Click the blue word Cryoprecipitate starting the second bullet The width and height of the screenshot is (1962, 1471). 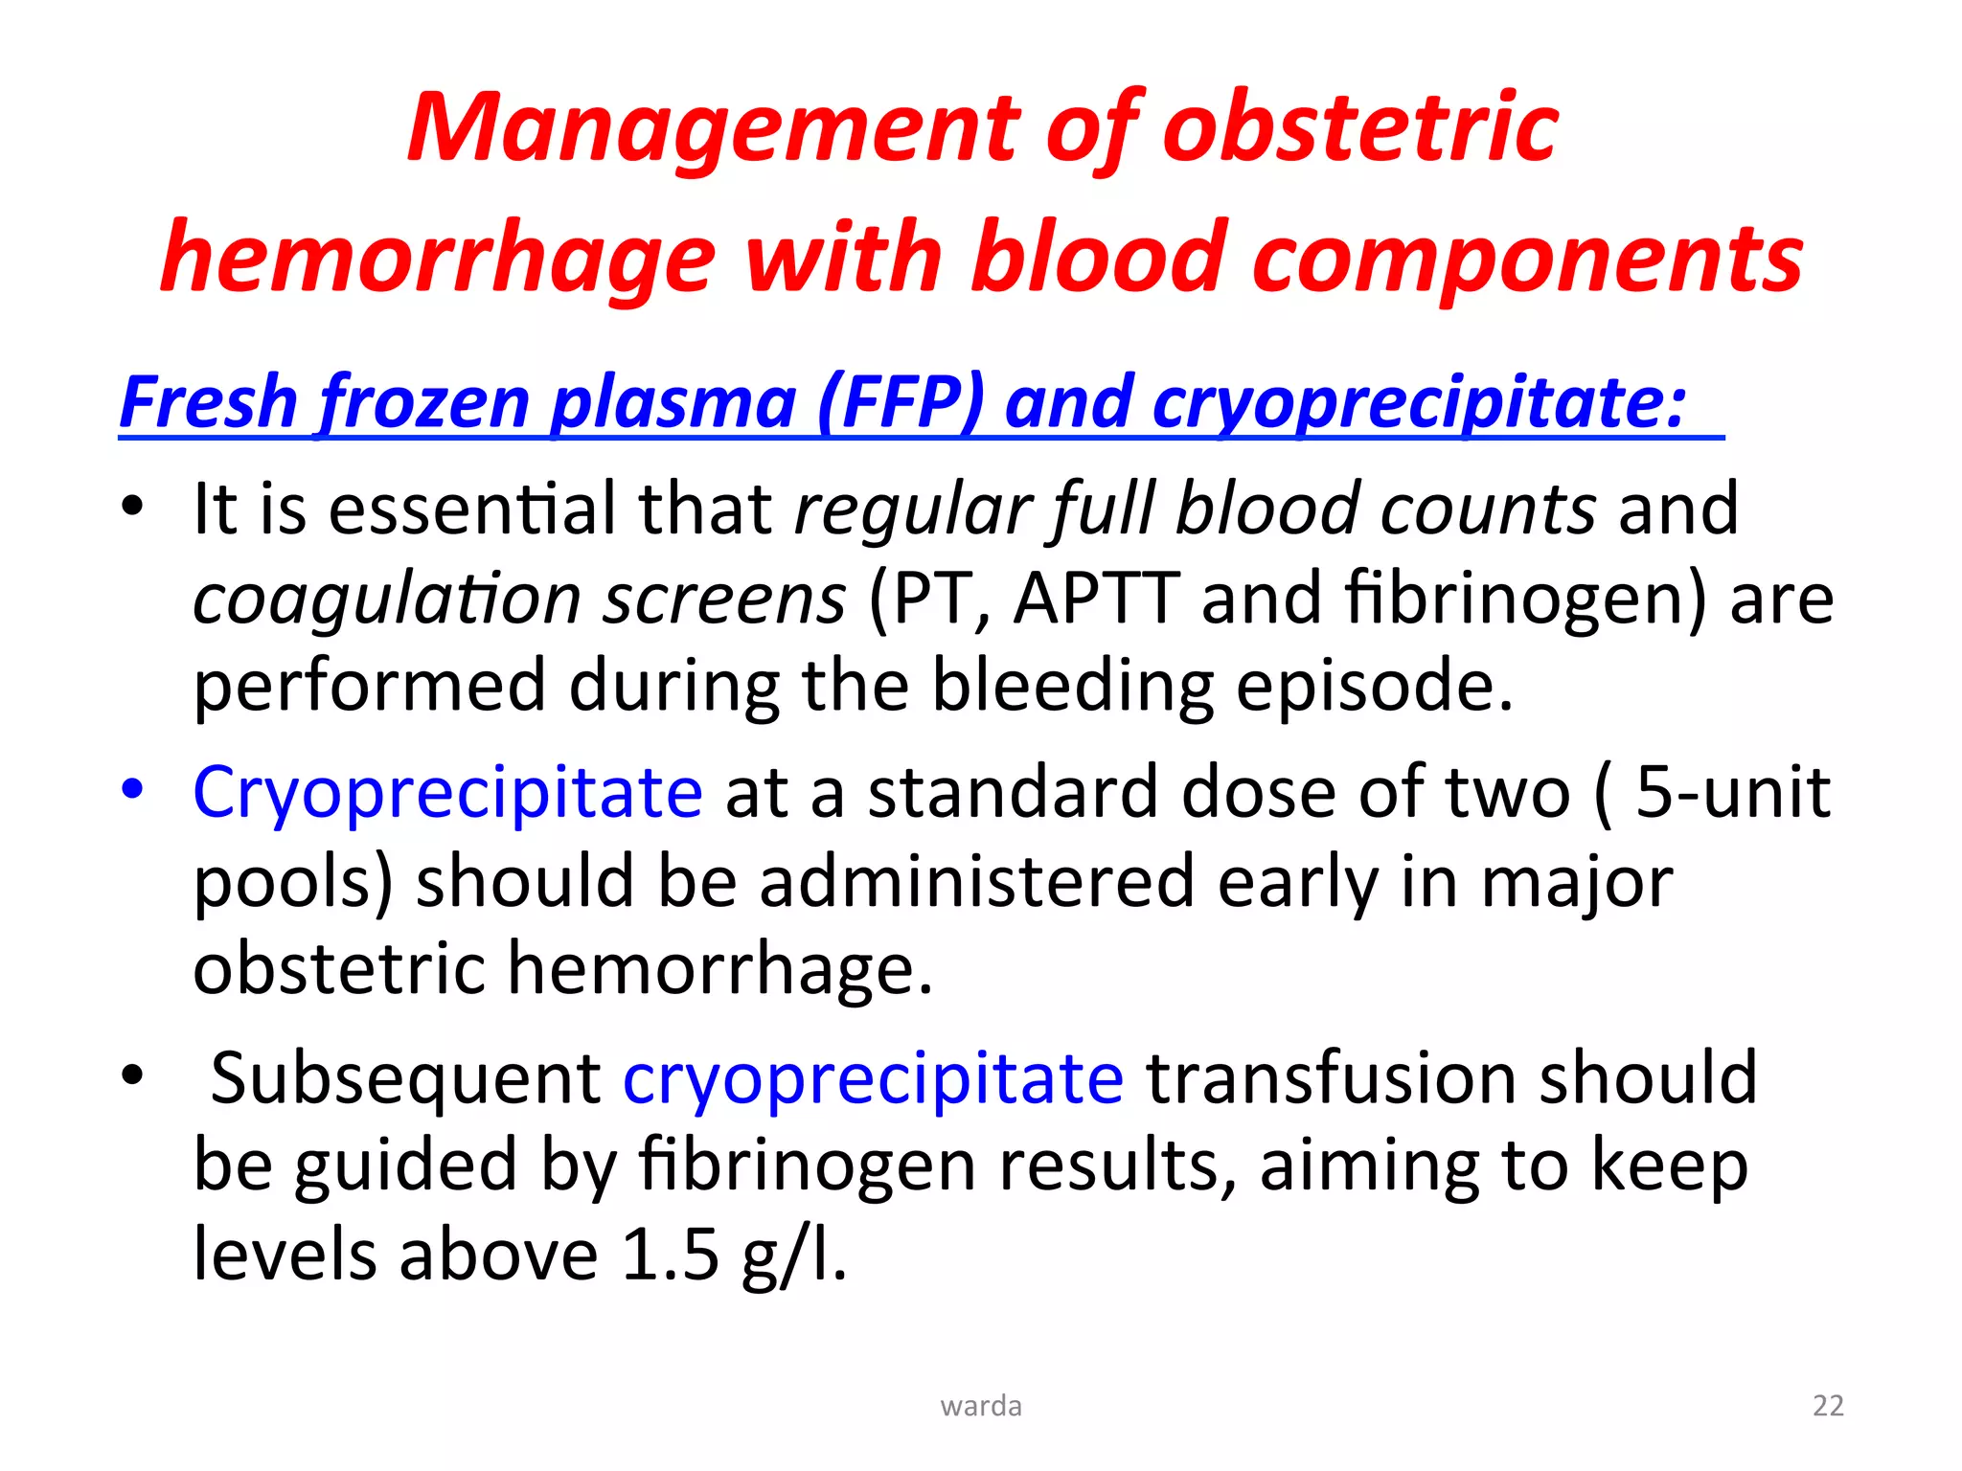coord(447,793)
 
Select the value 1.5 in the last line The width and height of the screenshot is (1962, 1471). coord(669,1255)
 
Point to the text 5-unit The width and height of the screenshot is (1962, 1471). coord(1732,793)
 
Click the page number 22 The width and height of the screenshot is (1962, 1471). coord(1828,1405)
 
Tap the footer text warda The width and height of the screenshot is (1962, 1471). coord(981,1406)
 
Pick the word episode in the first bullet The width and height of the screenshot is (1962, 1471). coord(1373,687)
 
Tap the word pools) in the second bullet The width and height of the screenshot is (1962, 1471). coord(292,882)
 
